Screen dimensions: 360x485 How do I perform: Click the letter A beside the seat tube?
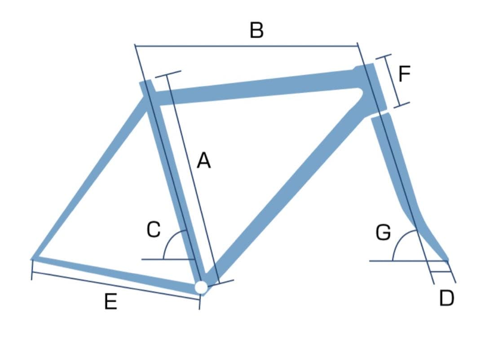pyautogui.click(x=204, y=160)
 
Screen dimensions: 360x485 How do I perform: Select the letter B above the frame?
pyautogui.click(x=256, y=31)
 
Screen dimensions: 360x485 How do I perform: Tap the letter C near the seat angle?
pyautogui.click(x=154, y=229)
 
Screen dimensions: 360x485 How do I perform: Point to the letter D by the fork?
pyautogui.click(x=446, y=298)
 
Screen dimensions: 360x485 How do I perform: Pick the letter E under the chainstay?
pyautogui.click(x=110, y=302)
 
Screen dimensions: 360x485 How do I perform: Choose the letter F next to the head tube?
pyautogui.click(x=405, y=74)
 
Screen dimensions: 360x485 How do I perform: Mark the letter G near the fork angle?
pyautogui.click(x=383, y=233)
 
